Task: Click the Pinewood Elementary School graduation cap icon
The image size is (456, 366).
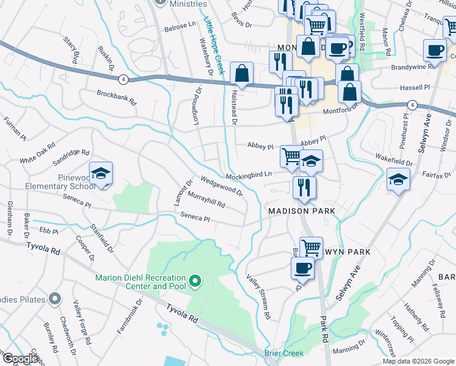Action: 101,173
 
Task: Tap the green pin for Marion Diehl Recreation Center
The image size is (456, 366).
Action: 195,281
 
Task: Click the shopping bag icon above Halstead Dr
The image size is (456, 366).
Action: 242,74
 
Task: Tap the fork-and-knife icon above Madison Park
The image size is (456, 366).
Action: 304,187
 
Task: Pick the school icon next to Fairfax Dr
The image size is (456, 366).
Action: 398,179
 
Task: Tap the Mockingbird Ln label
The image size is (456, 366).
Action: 249,176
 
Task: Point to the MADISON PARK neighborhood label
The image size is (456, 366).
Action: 302,211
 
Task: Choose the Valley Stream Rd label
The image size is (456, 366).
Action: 259,297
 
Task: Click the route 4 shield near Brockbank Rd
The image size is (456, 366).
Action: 123,79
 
